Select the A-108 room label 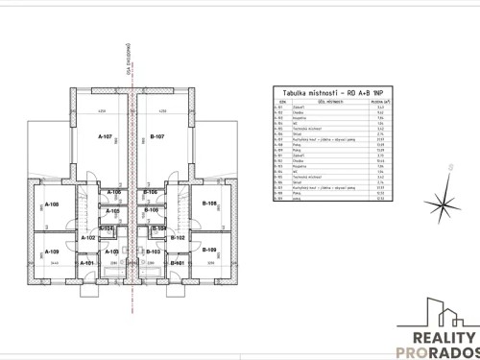click(52, 204)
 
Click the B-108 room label click(209, 204)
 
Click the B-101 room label click(177, 262)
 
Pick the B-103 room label click(153, 251)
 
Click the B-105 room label click(151, 210)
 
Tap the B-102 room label click(177, 237)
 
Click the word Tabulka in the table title click(293, 87)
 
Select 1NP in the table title click(363, 87)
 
